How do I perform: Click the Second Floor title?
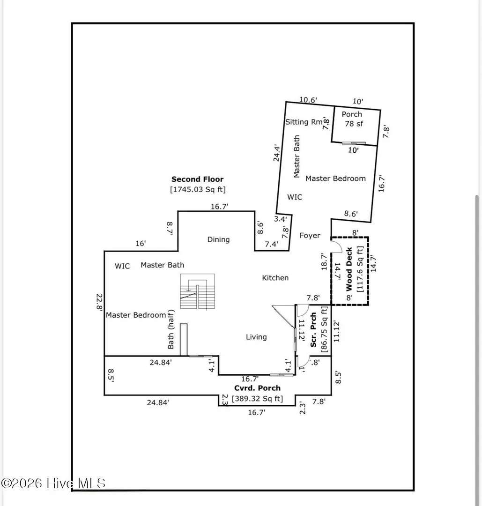[197, 179]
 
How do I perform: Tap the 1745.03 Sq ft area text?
[198, 189]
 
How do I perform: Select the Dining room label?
[218, 239]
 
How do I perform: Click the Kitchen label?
[275, 278]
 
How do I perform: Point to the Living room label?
[256, 337]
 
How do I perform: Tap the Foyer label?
[310, 236]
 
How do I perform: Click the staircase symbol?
[198, 291]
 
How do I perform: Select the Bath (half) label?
[171, 329]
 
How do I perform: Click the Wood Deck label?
[349, 269]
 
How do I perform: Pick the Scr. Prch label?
[313, 330]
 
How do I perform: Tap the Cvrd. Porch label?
[257, 388]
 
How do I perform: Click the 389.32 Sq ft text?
[257, 399]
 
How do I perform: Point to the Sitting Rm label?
[304, 122]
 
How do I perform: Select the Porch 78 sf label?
[353, 119]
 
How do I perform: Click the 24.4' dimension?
[277, 153]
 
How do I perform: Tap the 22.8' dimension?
[99, 302]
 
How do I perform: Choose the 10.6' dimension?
[308, 100]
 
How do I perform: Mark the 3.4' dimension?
[281, 219]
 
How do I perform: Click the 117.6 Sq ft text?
[360, 269]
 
